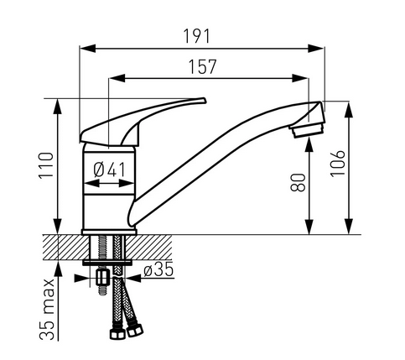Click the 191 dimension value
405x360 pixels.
(196, 36)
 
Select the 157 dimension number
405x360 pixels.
(203, 66)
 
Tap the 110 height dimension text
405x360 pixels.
(46, 165)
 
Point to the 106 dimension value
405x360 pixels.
(338, 163)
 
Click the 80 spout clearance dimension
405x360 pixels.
(298, 182)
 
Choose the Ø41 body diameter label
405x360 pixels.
(109, 170)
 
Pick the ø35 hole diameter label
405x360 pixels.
(158, 269)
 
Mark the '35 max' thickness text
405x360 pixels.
(46, 310)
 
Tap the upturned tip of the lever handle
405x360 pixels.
(202, 100)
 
